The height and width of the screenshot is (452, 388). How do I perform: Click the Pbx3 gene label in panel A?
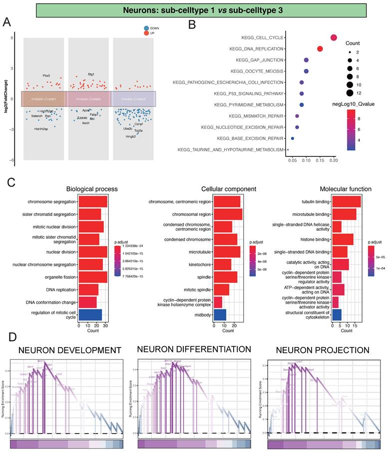46,76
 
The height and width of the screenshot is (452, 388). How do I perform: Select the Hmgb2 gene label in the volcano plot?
131,136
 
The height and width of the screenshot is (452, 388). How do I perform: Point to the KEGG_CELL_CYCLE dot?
334,38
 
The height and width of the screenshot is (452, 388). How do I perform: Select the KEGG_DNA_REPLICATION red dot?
320,49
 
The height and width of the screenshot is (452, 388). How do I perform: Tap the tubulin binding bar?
346,201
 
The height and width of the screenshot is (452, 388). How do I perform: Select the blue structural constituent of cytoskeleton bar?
337,314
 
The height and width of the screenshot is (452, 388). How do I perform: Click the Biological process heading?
92,189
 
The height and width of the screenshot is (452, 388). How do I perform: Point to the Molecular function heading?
346,189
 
